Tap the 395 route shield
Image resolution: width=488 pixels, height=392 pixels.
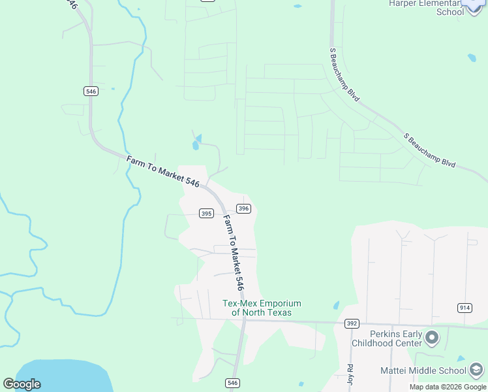[206, 214]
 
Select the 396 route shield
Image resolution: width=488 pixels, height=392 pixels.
[243, 208]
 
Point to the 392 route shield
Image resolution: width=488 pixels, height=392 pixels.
[352, 323]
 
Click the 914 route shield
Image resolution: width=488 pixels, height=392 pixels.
[465, 308]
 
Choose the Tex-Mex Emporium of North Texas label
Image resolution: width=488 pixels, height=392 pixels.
[262, 308]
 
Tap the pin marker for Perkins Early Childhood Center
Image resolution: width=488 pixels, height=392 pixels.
[431, 338]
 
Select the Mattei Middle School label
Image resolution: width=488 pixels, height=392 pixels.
[423, 370]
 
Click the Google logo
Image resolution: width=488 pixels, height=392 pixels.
[22, 384]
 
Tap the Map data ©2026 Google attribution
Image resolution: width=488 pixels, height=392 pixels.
[448, 387]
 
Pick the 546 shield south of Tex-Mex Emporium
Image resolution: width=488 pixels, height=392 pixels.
[232, 382]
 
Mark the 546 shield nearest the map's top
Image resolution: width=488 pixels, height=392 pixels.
[91, 91]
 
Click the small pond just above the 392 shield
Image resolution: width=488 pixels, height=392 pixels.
[336, 305]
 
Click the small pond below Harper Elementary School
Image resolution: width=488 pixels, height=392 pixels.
[471, 57]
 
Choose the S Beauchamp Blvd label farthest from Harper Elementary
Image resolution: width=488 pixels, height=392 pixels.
[429, 151]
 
